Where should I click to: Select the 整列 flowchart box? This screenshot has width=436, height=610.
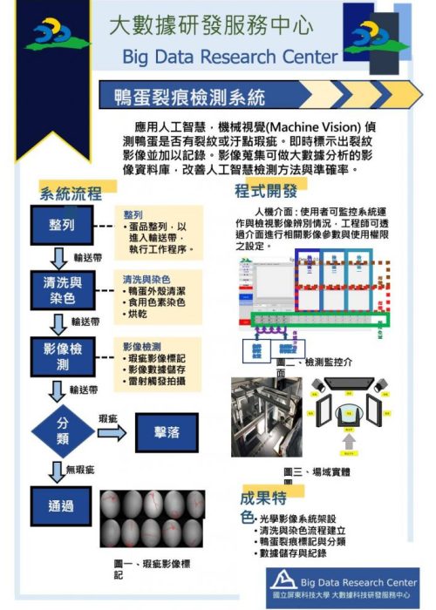pos(62,225)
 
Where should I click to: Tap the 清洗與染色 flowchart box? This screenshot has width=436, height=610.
pos(62,289)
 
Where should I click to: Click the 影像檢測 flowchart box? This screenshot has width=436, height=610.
pos(62,356)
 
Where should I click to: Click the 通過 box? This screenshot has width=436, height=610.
pos(62,505)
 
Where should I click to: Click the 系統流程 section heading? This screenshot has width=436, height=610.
pos(71,193)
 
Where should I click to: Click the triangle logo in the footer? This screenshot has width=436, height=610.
pos(282,581)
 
